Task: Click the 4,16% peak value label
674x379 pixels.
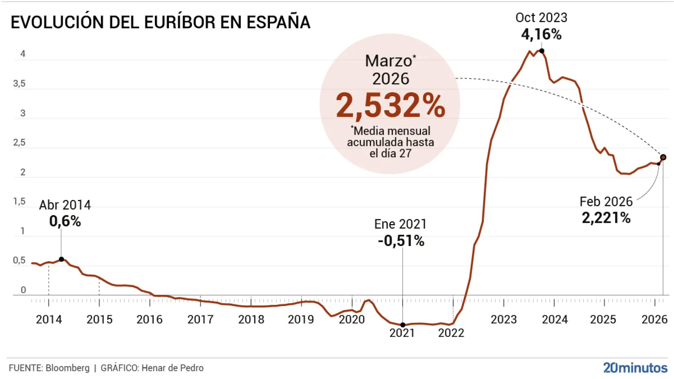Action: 541,34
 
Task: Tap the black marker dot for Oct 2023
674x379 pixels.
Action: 542,51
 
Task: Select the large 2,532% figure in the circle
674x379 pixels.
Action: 390,105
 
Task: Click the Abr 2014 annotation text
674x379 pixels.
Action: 65,205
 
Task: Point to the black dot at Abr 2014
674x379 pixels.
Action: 61,259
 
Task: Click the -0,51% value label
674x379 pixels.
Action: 401,241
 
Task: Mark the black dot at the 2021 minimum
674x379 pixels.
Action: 403,325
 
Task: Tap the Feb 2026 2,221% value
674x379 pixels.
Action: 606,218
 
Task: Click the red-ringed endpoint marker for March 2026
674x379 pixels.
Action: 663,157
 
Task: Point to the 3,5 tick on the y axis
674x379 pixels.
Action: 19,84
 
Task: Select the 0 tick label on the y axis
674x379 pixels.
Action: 23,290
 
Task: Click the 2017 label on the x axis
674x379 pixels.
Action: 200,319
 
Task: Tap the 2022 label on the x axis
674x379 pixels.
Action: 451,333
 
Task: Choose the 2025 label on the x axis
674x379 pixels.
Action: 603,319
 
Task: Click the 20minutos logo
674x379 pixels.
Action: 635,367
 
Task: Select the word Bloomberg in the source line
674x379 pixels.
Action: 67,368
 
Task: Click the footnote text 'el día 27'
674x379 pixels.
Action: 390,153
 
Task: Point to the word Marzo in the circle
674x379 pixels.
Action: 388,61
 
